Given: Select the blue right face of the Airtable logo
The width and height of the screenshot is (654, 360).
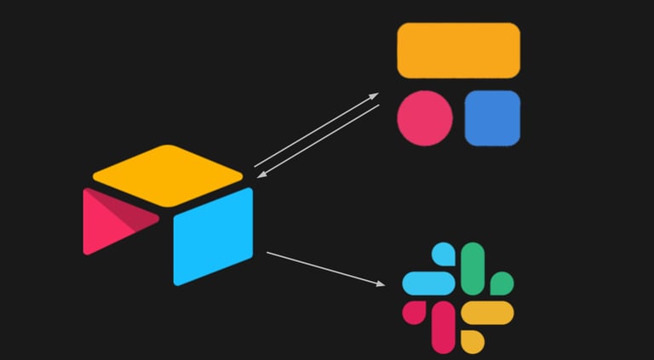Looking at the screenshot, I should tap(213, 236).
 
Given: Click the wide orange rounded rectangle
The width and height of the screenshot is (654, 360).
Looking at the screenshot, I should tap(458, 50).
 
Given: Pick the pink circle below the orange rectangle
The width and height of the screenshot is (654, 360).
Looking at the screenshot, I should tap(425, 117).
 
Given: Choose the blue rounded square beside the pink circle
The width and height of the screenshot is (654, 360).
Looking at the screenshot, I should tap(492, 117).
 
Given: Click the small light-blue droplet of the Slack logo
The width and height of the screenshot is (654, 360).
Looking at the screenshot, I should tap(444, 254).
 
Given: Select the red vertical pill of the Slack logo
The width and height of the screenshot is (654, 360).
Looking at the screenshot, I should tap(444, 326).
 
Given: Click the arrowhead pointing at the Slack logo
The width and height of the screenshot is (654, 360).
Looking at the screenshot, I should tap(379, 283).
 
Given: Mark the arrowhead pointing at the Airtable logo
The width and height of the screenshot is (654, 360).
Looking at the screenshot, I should tap(261, 175).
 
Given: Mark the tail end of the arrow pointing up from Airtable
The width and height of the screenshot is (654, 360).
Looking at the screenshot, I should tap(255, 165).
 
